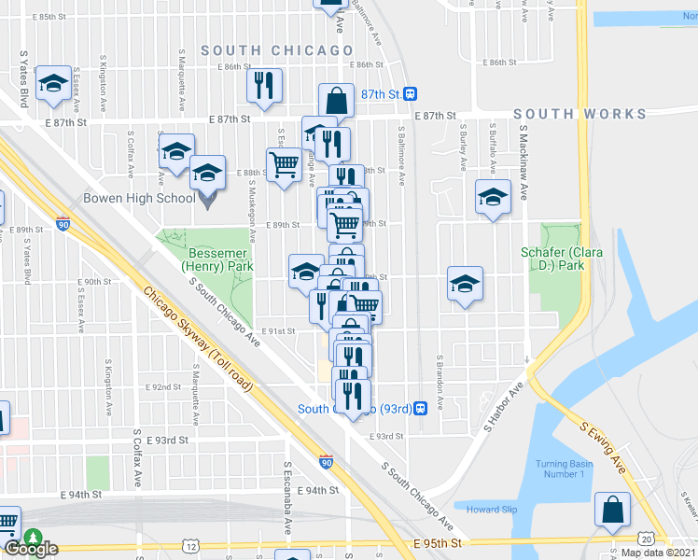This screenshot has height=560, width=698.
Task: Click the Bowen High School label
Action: point(139,198)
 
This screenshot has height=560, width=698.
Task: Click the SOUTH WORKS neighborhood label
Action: point(579,114)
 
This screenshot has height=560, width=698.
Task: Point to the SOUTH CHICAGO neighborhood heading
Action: point(277,50)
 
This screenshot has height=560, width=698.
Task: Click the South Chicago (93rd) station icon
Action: point(422,408)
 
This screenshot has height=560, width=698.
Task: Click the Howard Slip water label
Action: point(492,510)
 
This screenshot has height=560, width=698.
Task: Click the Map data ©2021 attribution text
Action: point(658,553)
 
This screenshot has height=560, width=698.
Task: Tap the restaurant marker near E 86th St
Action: point(265,85)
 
